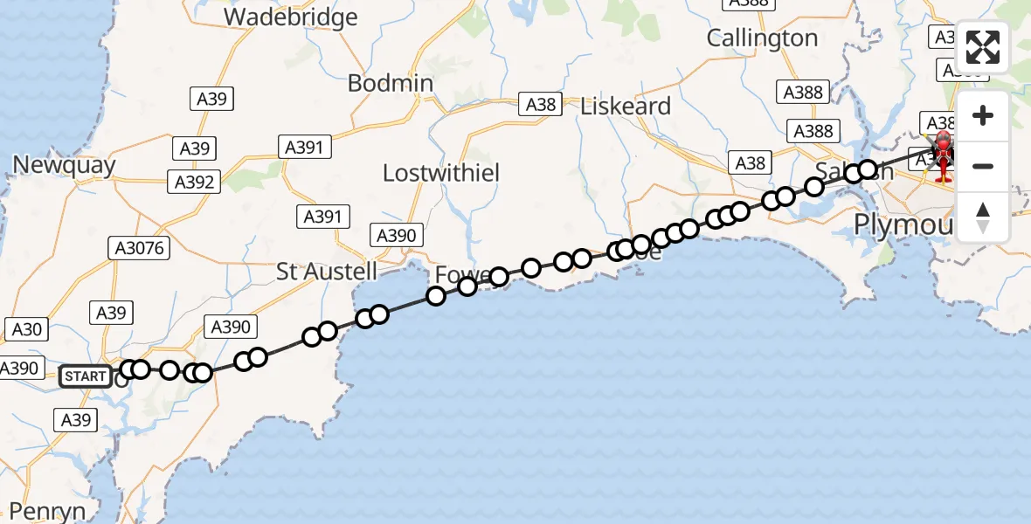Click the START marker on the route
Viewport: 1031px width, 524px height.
(x=86, y=377)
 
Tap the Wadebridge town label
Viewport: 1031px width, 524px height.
(x=291, y=17)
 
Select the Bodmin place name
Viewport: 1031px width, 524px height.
(x=390, y=83)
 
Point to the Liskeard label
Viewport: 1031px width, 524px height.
(x=626, y=107)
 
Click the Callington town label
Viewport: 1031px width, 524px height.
(x=762, y=38)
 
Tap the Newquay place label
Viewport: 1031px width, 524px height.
(x=64, y=165)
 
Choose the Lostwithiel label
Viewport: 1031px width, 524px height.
(x=441, y=173)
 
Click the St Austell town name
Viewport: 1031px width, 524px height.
(x=327, y=271)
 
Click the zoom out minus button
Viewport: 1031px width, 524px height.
(x=983, y=166)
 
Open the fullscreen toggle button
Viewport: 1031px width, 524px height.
(x=983, y=47)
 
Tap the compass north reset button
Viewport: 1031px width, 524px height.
(x=983, y=217)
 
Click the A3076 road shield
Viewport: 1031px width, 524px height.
(x=140, y=249)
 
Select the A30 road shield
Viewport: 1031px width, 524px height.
(x=26, y=329)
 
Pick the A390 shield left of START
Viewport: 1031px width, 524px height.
(x=19, y=369)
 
